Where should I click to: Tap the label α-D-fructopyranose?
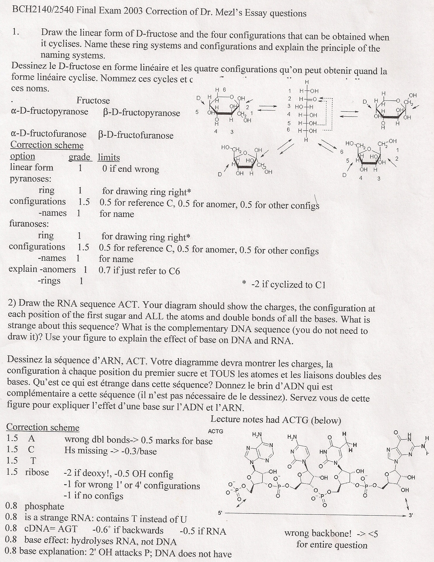point(49,112)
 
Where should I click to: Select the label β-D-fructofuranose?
point(136,135)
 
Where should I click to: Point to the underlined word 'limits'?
point(109,158)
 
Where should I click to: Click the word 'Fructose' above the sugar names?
point(93,101)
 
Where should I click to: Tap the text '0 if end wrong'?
point(130,169)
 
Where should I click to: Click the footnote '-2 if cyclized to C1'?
point(288,284)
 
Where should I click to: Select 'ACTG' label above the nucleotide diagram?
point(216,431)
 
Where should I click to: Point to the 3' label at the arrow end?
point(411,516)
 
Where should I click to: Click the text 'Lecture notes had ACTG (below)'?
point(276,420)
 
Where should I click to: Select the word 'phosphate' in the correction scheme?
point(44,506)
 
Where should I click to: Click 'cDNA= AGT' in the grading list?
point(51,529)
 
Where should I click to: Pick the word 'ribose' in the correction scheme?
point(37,472)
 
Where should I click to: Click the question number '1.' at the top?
point(16,32)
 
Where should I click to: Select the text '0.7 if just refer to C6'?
point(139,271)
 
